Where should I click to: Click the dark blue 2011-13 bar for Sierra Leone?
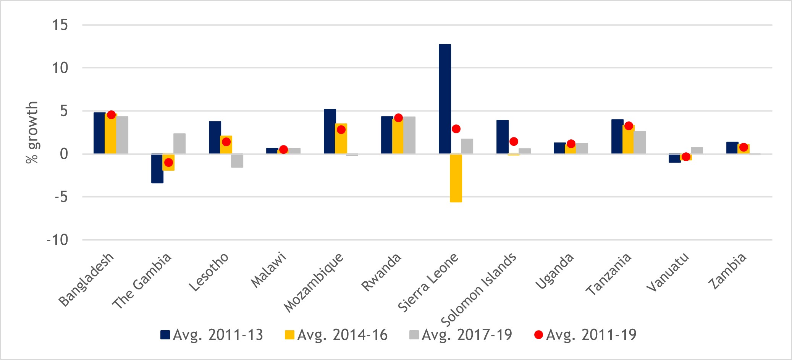(444, 99)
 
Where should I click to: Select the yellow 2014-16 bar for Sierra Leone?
(456, 178)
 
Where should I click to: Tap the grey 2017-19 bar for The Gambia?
(179, 144)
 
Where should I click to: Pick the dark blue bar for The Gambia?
(157, 168)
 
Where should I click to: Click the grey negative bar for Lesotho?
(237, 161)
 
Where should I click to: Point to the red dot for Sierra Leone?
(456, 129)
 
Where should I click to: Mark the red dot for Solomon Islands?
(514, 141)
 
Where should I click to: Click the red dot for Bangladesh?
(111, 115)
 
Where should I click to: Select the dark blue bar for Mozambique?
(330, 131)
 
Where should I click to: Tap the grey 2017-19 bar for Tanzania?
(640, 142)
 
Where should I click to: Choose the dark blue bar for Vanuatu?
(674, 158)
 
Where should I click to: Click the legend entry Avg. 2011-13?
(212, 335)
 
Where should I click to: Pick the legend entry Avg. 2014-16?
(336, 335)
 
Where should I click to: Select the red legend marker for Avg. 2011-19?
(538, 335)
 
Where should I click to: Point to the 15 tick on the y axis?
(60, 25)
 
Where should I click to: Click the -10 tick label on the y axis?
(57, 240)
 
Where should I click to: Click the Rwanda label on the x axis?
(381, 272)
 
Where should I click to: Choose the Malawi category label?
(268, 270)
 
